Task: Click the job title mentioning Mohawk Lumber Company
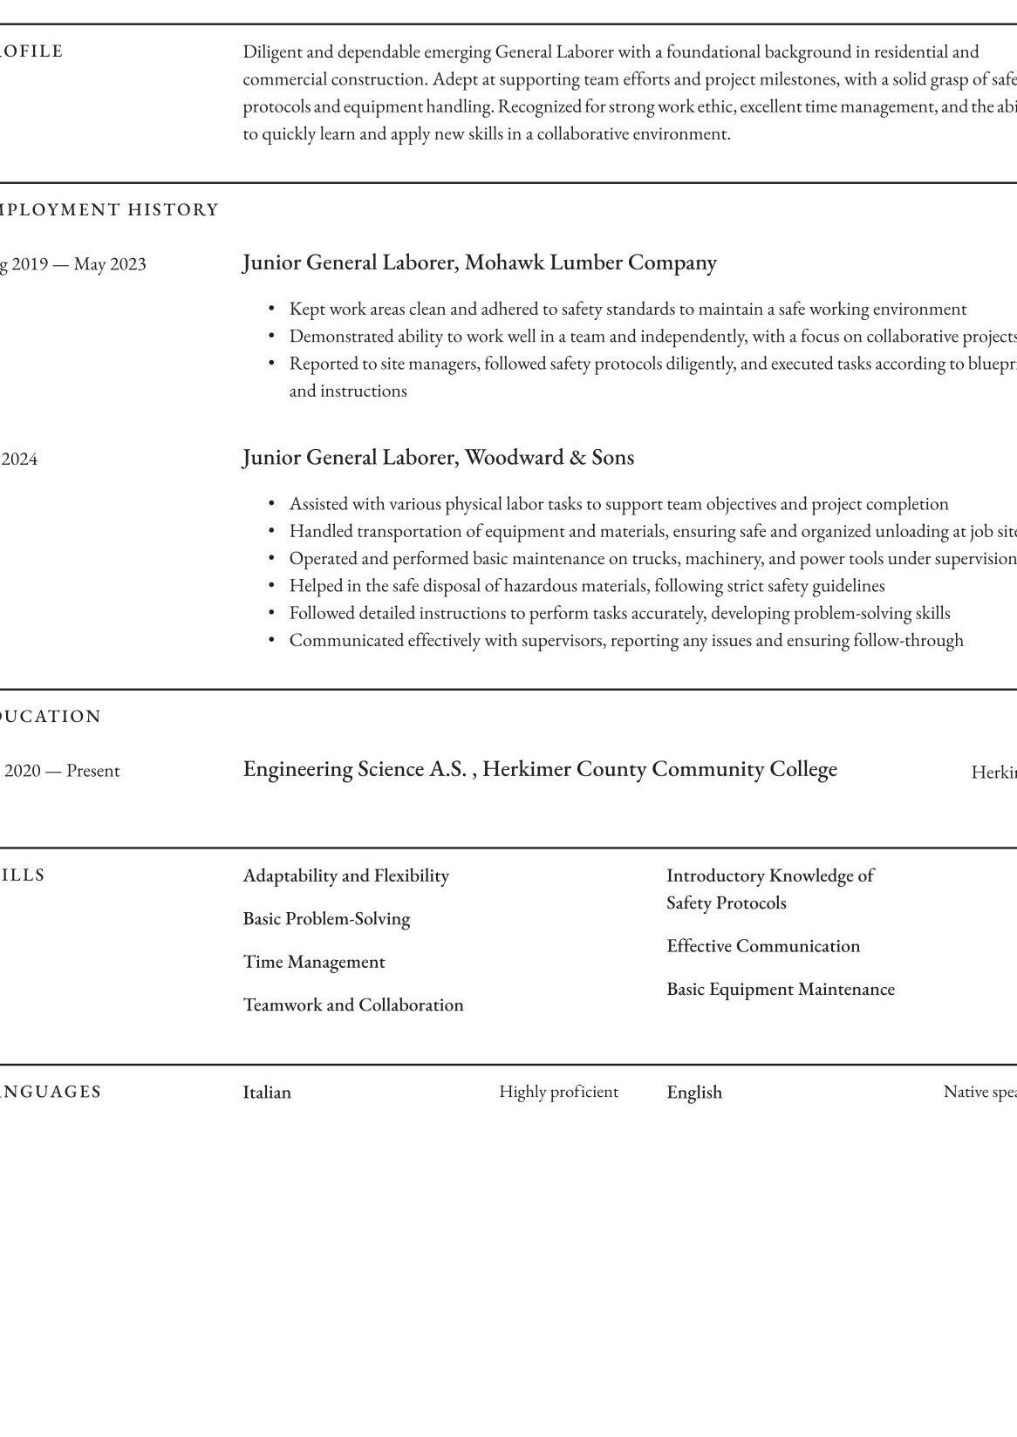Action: pyautogui.click(x=479, y=262)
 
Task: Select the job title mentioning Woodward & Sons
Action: pyautogui.click(x=438, y=458)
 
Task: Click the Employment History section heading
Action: pyautogui.click(x=110, y=210)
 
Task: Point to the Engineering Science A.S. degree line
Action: pyautogui.click(x=539, y=769)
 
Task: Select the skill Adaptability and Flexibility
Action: pyautogui.click(x=345, y=875)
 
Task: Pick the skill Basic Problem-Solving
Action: pyautogui.click(x=326, y=919)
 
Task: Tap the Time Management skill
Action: pyautogui.click(x=313, y=962)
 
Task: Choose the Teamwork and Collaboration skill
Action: pyautogui.click(x=352, y=1005)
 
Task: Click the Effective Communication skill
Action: pyautogui.click(x=762, y=946)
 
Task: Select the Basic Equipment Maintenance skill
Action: pyautogui.click(x=780, y=990)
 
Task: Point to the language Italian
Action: pyautogui.click(x=267, y=1093)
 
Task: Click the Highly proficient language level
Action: pyautogui.click(x=558, y=1092)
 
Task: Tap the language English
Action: pyautogui.click(x=693, y=1093)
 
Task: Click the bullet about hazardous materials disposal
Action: pyautogui.click(x=586, y=586)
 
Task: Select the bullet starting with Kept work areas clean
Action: pyautogui.click(x=627, y=310)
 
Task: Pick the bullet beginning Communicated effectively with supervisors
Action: pyautogui.click(x=625, y=641)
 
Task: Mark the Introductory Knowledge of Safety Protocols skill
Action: pyautogui.click(x=769, y=889)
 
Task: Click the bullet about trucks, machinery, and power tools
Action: pyautogui.click(x=652, y=559)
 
